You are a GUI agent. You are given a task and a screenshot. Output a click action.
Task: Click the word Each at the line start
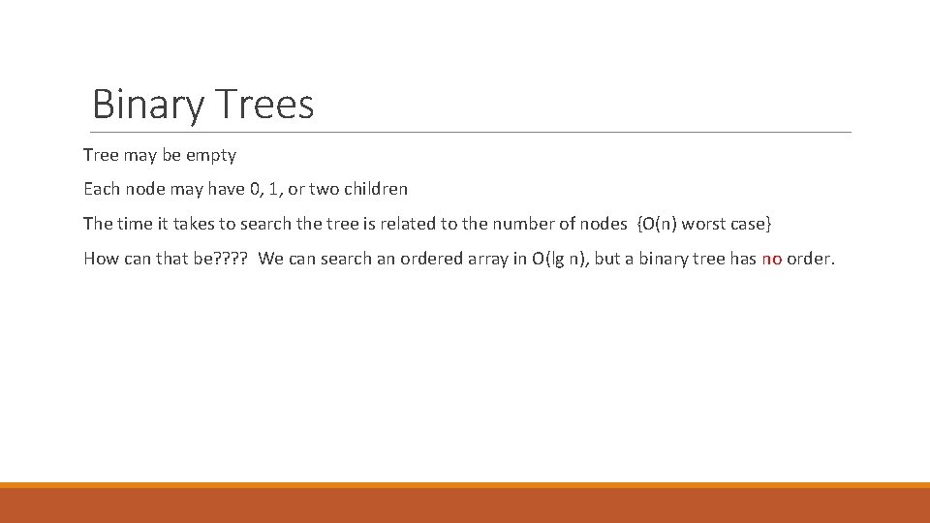tap(100, 189)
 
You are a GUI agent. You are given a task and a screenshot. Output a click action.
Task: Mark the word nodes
tap(603, 224)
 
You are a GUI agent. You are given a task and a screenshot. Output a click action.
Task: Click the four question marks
tap(232, 259)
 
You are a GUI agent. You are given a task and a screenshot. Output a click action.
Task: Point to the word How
tap(101, 259)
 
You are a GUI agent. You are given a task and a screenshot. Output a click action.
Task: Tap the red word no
tap(771, 259)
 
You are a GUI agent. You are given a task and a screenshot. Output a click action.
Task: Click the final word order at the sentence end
tap(810, 259)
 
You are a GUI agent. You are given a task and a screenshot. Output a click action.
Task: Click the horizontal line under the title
tap(471, 132)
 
